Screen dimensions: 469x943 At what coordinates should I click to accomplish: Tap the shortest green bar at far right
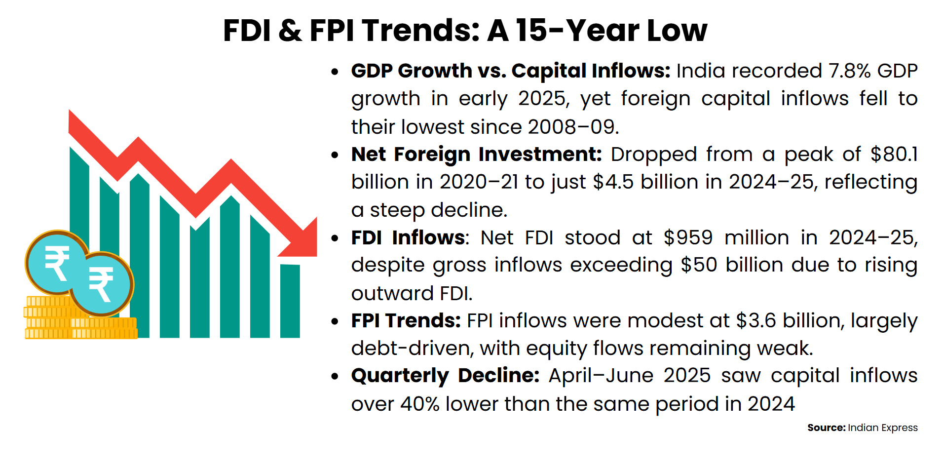(290, 301)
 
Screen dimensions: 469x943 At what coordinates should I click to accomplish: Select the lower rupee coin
(102, 284)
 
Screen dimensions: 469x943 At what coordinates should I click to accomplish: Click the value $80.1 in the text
(894, 155)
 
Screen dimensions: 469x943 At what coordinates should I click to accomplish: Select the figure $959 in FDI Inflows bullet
(688, 238)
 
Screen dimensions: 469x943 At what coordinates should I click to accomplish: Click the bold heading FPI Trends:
(406, 321)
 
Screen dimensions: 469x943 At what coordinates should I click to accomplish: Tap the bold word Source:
(826, 428)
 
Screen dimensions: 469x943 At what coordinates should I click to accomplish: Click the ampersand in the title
(290, 31)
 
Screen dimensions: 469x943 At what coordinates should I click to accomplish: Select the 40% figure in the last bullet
(419, 404)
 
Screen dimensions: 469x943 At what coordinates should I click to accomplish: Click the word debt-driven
(412, 349)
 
